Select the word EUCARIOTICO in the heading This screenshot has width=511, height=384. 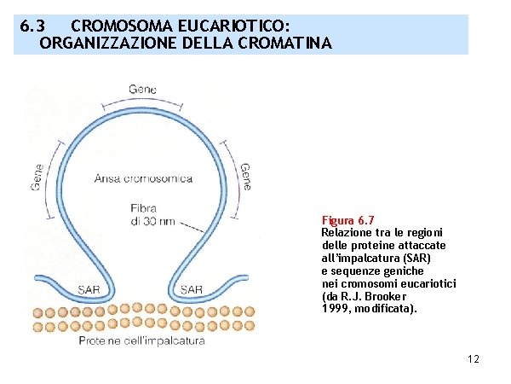[230, 27]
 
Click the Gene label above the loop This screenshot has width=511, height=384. [142, 90]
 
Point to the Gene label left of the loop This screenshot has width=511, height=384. [37, 177]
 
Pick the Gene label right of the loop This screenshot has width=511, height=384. [245, 177]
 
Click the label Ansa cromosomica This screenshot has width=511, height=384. [143, 179]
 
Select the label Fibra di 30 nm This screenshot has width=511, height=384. [150, 214]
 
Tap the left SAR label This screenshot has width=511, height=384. [88, 290]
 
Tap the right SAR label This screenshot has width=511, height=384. [192, 290]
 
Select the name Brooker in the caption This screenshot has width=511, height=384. [395, 296]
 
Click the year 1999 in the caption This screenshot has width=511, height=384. [335, 308]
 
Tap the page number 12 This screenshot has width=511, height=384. [474, 359]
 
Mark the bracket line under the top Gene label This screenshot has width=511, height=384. [141, 102]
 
